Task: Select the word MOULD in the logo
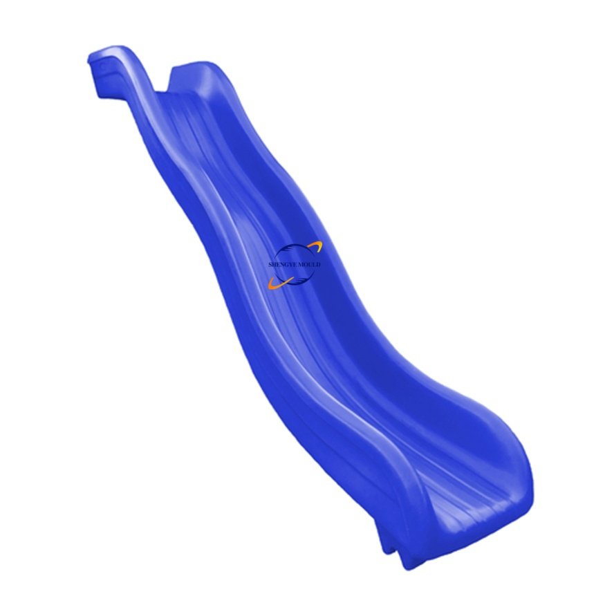coord(309,265)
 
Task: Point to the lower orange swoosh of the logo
coord(279,283)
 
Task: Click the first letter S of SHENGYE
coord(270,265)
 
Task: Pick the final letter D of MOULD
coord(318,265)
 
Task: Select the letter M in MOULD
coord(301,265)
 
